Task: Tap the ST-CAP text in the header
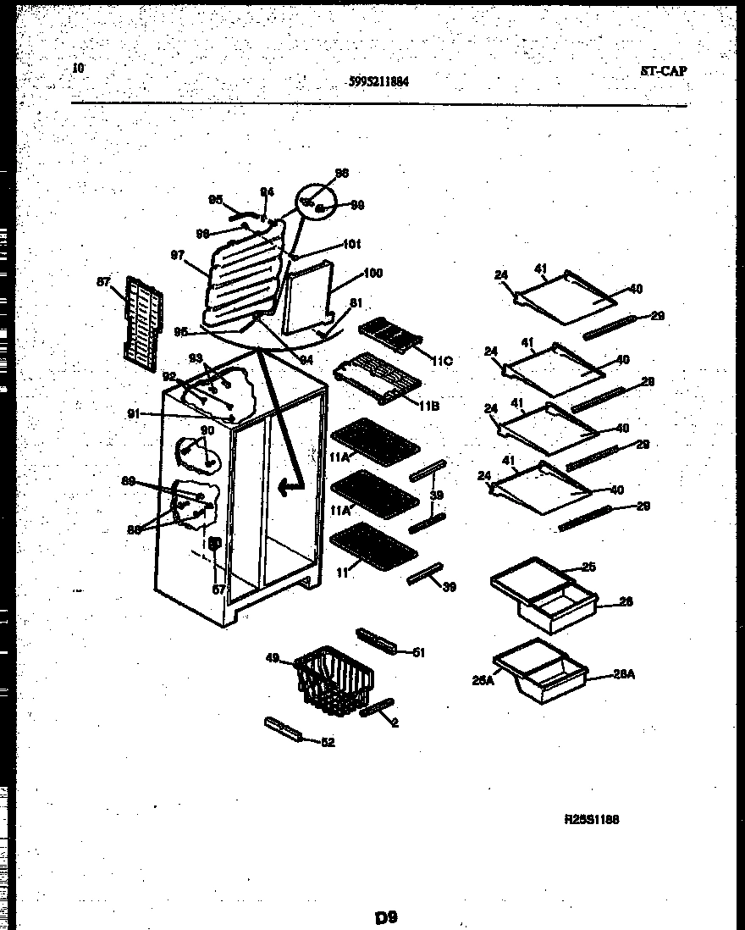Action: pyautogui.click(x=663, y=71)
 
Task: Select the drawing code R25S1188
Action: pyautogui.click(x=592, y=819)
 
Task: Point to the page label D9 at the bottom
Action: pyautogui.click(x=386, y=916)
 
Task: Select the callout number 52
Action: pyautogui.click(x=328, y=743)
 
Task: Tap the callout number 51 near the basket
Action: pyautogui.click(x=418, y=651)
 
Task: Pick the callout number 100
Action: pyautogui.click(x=372, y=273)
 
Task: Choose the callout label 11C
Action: pyautogui.click(x=442, y=361)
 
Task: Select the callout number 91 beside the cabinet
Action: pyautogui.click(x=134, y=413)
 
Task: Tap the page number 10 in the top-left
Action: pyautogui.click(x=79, y=68)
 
